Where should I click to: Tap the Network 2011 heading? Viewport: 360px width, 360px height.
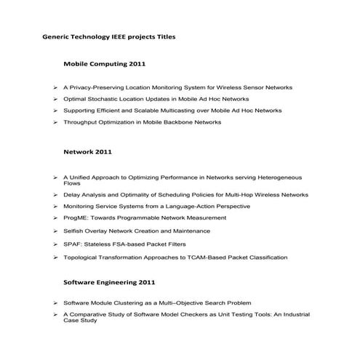[x=87, y=153]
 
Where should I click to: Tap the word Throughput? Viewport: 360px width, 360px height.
[x=82, y=122]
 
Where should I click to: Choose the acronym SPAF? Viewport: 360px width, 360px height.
[x=73, y=244]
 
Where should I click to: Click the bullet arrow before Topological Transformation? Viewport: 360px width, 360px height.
[x=55, y=257]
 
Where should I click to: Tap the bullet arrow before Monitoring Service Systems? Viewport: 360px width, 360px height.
[x=55, y=207]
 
